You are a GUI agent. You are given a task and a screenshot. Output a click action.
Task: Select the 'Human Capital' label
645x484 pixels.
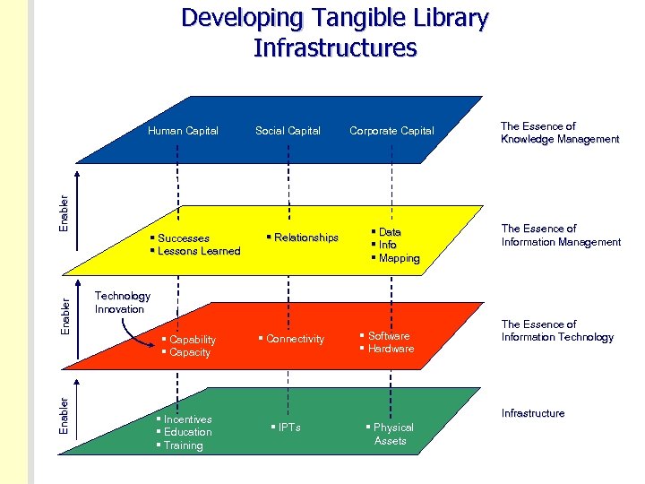(x=183, y=131)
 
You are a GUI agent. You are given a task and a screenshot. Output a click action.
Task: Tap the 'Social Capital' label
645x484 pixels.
(x=288, y=131)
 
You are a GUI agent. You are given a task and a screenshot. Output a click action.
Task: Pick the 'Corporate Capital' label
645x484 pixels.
(x=391, y=131)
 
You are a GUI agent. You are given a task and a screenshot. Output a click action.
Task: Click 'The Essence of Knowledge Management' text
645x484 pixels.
(x=559, y=133)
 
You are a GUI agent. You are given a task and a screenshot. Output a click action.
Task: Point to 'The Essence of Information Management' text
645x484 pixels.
(x=561, y=235)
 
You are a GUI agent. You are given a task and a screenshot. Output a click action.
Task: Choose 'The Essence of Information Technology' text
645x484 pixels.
(x=557, y=331)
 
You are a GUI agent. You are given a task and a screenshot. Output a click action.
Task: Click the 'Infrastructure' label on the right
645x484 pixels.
(x=533, y=413)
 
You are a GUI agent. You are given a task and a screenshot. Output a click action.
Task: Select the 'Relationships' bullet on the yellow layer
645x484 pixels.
(x=305, y=238)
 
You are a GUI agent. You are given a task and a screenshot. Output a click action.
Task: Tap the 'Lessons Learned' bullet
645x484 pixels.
(x=199, y=251)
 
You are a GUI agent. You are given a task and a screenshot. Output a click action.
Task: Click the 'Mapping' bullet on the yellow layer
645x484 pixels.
(x=399, y=258)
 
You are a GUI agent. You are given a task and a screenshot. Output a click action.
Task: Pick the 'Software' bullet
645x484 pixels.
(x=389, y=336)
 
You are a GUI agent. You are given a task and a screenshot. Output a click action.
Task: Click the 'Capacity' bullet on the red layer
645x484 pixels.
(x=190, y=352)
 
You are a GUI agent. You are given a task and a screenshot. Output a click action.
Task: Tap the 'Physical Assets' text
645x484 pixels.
(x=391, y=434)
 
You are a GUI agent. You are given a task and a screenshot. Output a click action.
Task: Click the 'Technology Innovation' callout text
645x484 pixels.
(x=122, y=302)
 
